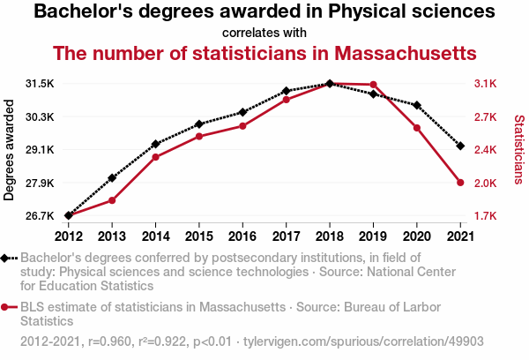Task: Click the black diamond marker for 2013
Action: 112,178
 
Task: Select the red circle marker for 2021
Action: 460,183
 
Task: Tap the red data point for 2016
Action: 242,126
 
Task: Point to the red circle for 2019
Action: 373,85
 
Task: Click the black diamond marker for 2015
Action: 199,124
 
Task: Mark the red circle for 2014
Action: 155,157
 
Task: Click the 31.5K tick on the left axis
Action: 41,84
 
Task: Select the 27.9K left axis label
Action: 41,183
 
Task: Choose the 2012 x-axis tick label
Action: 68,236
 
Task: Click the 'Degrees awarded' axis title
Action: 10,150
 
